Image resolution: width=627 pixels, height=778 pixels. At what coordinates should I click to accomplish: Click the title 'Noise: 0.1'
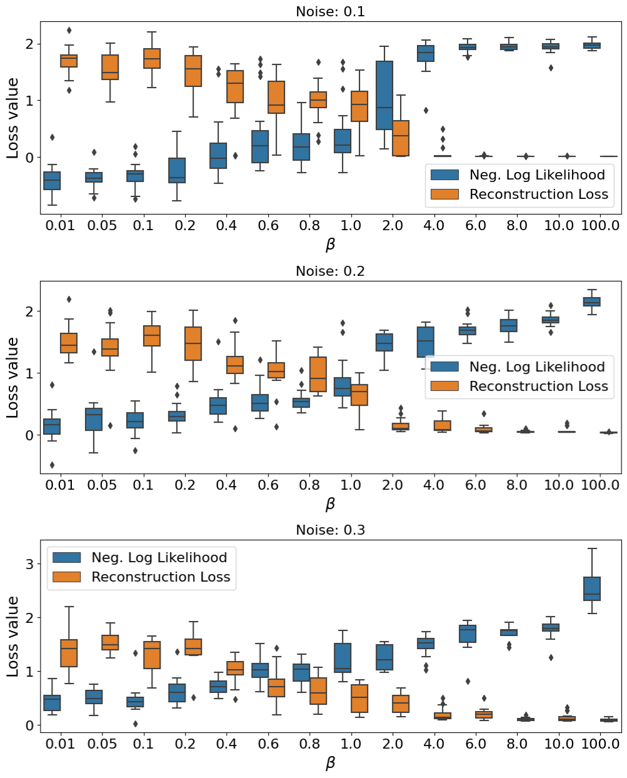pyautogui.click(x=330, y=11)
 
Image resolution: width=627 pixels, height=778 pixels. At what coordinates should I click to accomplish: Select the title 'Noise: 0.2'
pyautogui.click(x=330, y=271)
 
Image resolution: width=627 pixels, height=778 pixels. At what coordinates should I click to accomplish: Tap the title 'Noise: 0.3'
pyautogui.click(x=330, y=530)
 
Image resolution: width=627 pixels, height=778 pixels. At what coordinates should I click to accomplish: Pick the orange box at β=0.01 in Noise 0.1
pyautogui.click(x=69, y=61)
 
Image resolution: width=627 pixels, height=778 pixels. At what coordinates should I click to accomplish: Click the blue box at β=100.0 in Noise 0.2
pyautogui.click(x=591, y=302)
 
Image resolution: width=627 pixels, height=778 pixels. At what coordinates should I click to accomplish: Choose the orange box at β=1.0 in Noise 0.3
pyautogui.click(x=359, y=698)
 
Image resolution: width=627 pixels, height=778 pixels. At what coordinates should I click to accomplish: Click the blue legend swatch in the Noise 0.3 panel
pyautogui.click(x=67, y=557)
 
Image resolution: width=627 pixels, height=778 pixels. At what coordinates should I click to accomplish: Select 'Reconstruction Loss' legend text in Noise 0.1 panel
pyautogui.click(x=539, y=194)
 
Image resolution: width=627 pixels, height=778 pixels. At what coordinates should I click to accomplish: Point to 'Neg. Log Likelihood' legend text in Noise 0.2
pyautogui.click(x=537, y=367)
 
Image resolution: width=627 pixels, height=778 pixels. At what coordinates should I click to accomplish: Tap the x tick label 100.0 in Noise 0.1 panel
pyautogui.click(x=600, y=225)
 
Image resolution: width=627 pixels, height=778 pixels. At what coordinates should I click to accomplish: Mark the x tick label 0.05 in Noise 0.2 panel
pyautogui.click(x=102, y=485)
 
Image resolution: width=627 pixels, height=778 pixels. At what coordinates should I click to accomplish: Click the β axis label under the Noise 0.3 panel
pyautogui.click(x=330, y=763)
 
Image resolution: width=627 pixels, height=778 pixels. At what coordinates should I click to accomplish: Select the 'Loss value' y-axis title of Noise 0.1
pyautogui.click(x=13, y=118)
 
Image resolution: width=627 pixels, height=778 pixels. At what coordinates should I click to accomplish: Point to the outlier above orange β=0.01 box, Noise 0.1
pyautogui.click(x=69, y=30)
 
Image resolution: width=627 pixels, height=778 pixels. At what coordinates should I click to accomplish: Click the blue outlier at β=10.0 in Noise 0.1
pyautogui.click(x=551, y=68)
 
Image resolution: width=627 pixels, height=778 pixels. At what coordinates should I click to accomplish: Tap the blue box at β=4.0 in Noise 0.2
pyautogui.click(x=426, y=342)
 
